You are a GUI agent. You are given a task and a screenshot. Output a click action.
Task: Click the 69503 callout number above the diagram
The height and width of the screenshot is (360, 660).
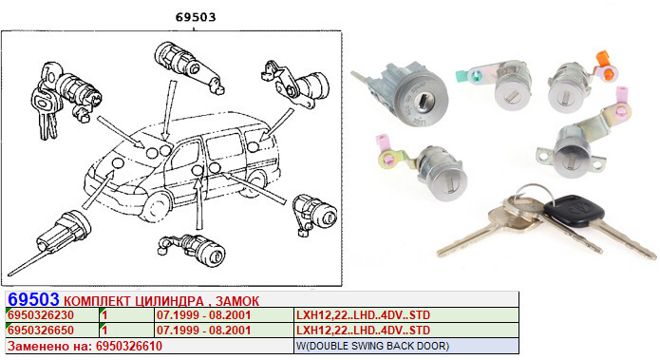pyautogui.click(x=196, y=17)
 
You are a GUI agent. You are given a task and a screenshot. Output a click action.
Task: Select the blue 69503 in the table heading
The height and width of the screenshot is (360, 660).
pyautogui.click(x=33, y=299)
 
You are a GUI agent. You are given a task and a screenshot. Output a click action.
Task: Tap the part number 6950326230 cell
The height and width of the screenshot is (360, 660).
pyautogui.click(x=41, y=315)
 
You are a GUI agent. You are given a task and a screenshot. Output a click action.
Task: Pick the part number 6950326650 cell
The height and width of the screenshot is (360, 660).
pyautogui.click(x=41, y=331)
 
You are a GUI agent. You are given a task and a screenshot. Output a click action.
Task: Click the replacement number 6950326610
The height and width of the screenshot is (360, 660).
pyautogui.click(x=129, y=346)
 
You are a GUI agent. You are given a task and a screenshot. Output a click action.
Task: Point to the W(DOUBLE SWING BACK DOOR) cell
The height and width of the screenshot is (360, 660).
pyautogui.click(x=372, y=346)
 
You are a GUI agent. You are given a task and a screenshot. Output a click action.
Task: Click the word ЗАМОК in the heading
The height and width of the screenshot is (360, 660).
pyautogui.click(x=237, y=301)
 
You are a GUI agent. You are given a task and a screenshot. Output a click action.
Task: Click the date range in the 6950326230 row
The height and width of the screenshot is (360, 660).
pyautogui.click(x=204, y=315)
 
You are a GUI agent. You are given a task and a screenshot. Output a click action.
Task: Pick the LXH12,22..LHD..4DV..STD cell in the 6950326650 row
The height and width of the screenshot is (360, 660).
pyautogui.click(x=364, y=331)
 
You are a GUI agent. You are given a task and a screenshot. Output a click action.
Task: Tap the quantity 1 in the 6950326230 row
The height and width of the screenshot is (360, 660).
pyautogui.click(x=104, y=315)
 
